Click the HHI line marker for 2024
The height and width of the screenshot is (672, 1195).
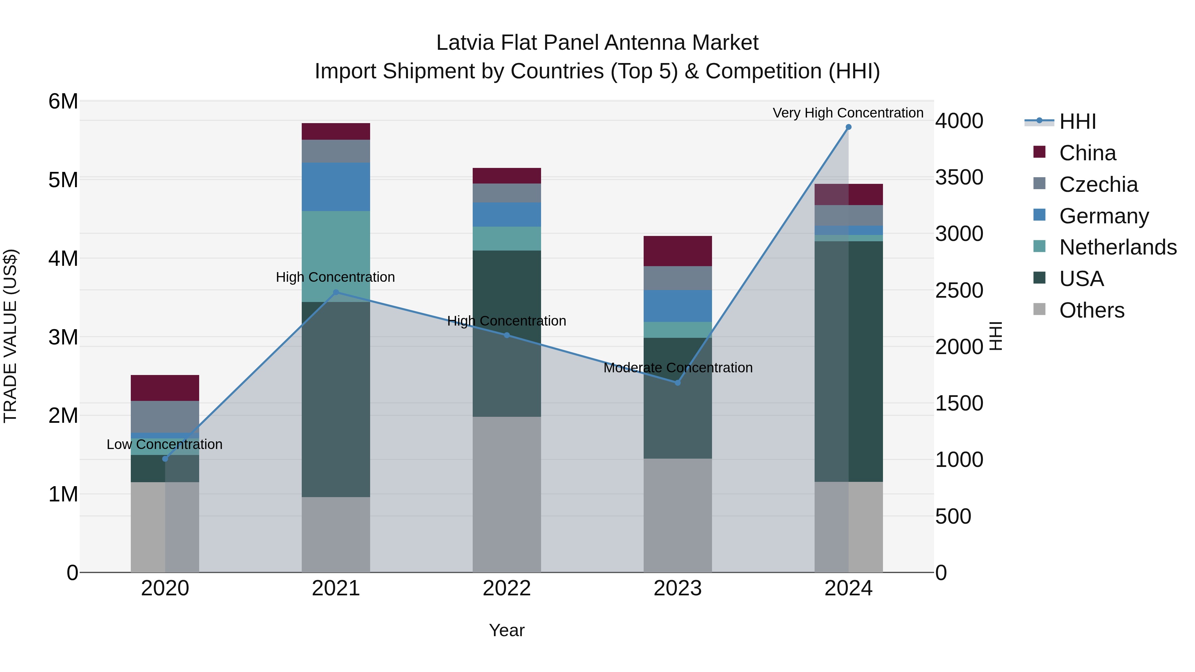[x=848, y=127]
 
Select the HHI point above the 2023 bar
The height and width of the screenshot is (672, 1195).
[x=677, y=383]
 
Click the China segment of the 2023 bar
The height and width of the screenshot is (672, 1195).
[x=677, y=251]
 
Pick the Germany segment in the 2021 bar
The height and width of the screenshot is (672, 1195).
[x=336, y=187]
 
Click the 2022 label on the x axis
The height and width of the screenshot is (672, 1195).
[x=507, y=588]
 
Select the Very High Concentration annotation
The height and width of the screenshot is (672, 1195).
[x=847, y=113]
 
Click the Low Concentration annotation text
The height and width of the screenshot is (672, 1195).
[x=164, y=444]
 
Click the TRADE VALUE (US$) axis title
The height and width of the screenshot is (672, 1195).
[x=10, y=336]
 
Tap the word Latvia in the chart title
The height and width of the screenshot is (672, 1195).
[x=465, y=43]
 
